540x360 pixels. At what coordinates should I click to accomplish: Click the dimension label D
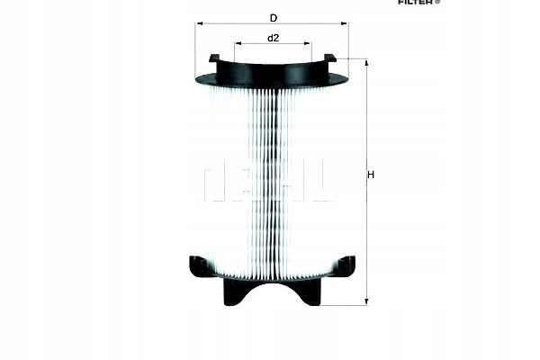273,18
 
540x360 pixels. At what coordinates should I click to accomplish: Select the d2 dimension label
273,38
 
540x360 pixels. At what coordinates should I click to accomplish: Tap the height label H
371,175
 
